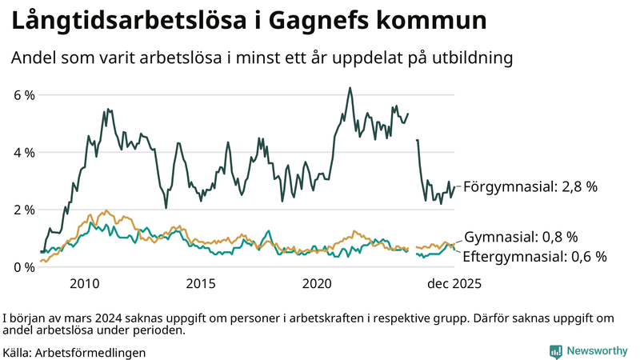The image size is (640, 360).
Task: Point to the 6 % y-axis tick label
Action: click(x=24, y=95)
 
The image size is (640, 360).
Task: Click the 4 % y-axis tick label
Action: click(x=24, y=152)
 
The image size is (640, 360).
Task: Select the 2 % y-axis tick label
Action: click(x=24, y=210)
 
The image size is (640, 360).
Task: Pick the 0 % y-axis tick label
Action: click(x=24, y=267)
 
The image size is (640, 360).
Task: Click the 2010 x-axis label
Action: click(x=84, y=284)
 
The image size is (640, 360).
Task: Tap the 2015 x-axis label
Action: click(x=201, y=284)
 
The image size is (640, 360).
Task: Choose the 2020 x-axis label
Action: click(x=318, y=284)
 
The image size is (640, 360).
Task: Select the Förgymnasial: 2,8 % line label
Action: click(x=530, y=186)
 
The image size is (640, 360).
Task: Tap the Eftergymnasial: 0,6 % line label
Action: click(x=535, y=257)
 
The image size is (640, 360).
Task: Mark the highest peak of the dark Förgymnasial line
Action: click(x=350, y=88)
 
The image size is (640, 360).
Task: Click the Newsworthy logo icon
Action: click(x=555, y=351)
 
